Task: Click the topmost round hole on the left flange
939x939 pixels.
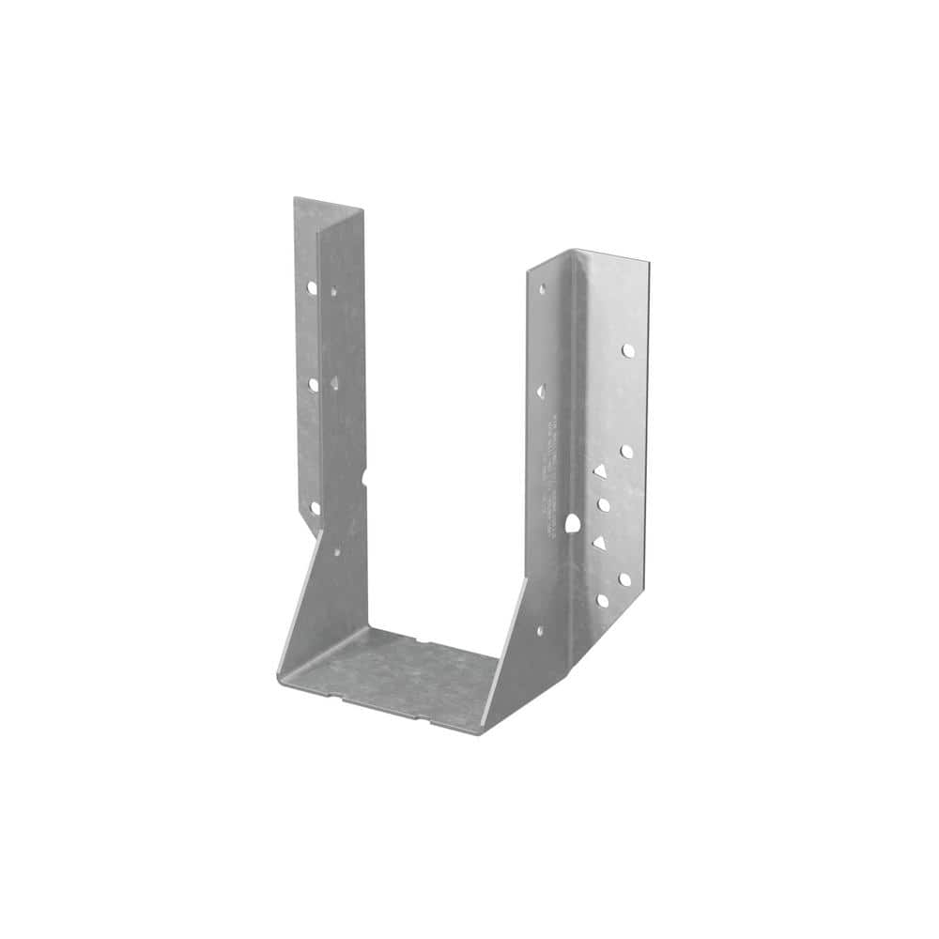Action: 311,287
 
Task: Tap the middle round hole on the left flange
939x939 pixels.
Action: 313,384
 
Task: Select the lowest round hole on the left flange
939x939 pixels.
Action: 315,507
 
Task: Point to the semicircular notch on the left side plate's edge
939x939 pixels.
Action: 364,476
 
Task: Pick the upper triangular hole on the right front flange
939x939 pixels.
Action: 599,471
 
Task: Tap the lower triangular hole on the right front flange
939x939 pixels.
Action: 598,543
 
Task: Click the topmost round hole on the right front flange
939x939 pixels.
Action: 627,350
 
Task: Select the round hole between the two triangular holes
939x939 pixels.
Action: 604,505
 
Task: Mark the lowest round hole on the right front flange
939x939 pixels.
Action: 602,599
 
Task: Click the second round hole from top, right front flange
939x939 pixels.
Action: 626,452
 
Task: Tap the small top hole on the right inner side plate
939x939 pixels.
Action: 541,289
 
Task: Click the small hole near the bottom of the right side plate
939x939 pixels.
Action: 539,631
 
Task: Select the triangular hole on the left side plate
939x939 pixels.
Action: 334,382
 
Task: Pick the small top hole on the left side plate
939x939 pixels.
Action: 332,292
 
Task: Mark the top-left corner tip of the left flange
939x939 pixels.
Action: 295,198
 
